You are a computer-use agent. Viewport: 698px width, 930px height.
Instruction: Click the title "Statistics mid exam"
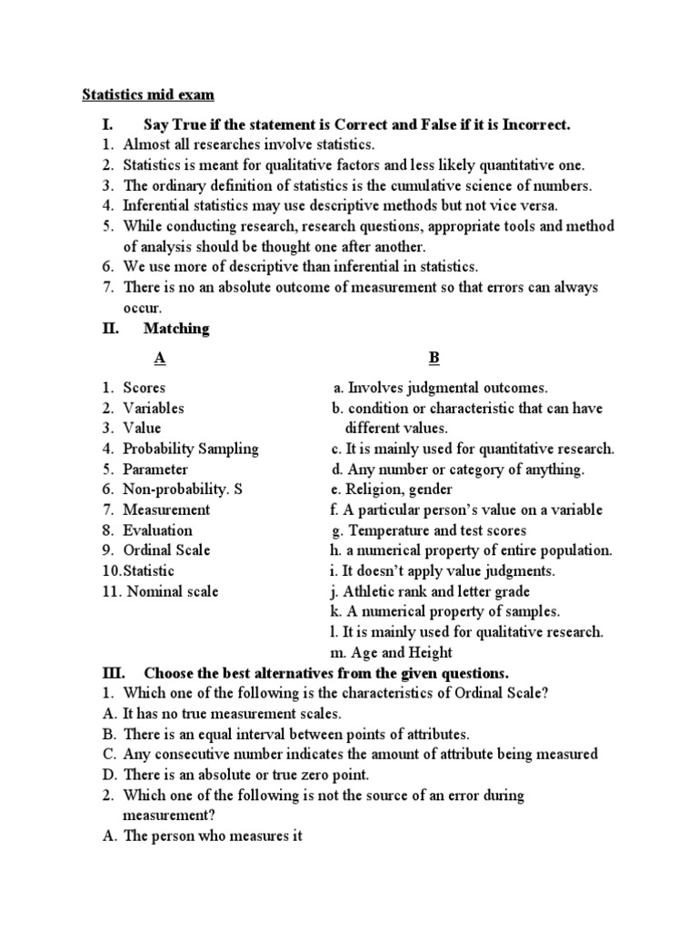click(149, 94)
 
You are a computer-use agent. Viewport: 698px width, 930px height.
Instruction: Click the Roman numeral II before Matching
click(111, 329)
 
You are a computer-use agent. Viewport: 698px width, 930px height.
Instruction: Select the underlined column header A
click(160, 358)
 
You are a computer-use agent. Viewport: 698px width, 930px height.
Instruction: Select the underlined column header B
click(434, 358)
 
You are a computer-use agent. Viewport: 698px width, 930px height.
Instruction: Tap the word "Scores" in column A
click(144, 388)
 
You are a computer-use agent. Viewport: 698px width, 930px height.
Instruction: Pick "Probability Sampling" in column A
click(191, 449)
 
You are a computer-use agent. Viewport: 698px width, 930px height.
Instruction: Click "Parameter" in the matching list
click(155, 470)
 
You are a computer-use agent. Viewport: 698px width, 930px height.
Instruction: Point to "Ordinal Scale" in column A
click(166, 550)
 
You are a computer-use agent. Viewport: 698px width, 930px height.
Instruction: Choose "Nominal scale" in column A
click(173, 591)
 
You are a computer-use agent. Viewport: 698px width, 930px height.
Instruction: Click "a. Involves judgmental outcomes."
click(440, 388)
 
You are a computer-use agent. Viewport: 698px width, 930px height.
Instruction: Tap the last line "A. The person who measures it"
click(201, 836)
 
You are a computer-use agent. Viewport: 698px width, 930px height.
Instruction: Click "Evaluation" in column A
click(157, 530)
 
